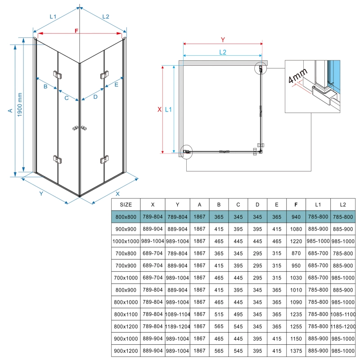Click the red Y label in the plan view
pos(223,40)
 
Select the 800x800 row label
pos(126,217)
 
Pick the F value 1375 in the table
pos(296,351)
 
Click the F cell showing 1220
pos(296,241)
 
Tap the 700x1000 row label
pos(126,278)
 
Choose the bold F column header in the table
pos(296,204)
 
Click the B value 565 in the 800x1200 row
pos(219,326)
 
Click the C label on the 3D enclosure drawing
pos(66,98)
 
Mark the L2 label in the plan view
pos(223,52)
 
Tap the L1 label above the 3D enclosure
pos(53,17)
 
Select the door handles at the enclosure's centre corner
pos(79,129)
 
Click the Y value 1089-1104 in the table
pos(178,314)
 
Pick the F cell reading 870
pos(296,253)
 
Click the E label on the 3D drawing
pos(116,85)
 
